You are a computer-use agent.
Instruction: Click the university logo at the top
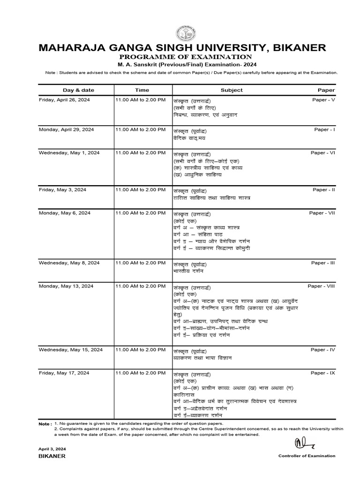click(183, 33)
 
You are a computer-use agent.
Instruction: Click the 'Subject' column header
click(232, 90)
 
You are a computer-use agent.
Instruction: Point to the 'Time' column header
click(142, 90)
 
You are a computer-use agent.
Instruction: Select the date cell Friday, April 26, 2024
click(64, 100)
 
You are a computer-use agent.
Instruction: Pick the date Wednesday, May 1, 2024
click(69, 153)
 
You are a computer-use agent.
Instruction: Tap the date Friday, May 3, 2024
click(62, 190)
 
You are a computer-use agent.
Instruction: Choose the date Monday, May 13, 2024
click(66, 286)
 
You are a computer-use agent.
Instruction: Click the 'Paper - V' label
click(323, 100)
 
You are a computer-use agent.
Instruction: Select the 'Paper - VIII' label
click(321, 286)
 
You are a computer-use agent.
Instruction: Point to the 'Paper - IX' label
click(322, 373)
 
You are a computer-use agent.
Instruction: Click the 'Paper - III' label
click(323, 263)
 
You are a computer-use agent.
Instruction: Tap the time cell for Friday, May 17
click(140, 373)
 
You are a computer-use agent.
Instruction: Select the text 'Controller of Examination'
click(307, 456)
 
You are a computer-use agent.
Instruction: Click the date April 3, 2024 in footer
click(52, 449)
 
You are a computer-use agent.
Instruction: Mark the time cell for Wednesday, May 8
click(140, 263)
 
